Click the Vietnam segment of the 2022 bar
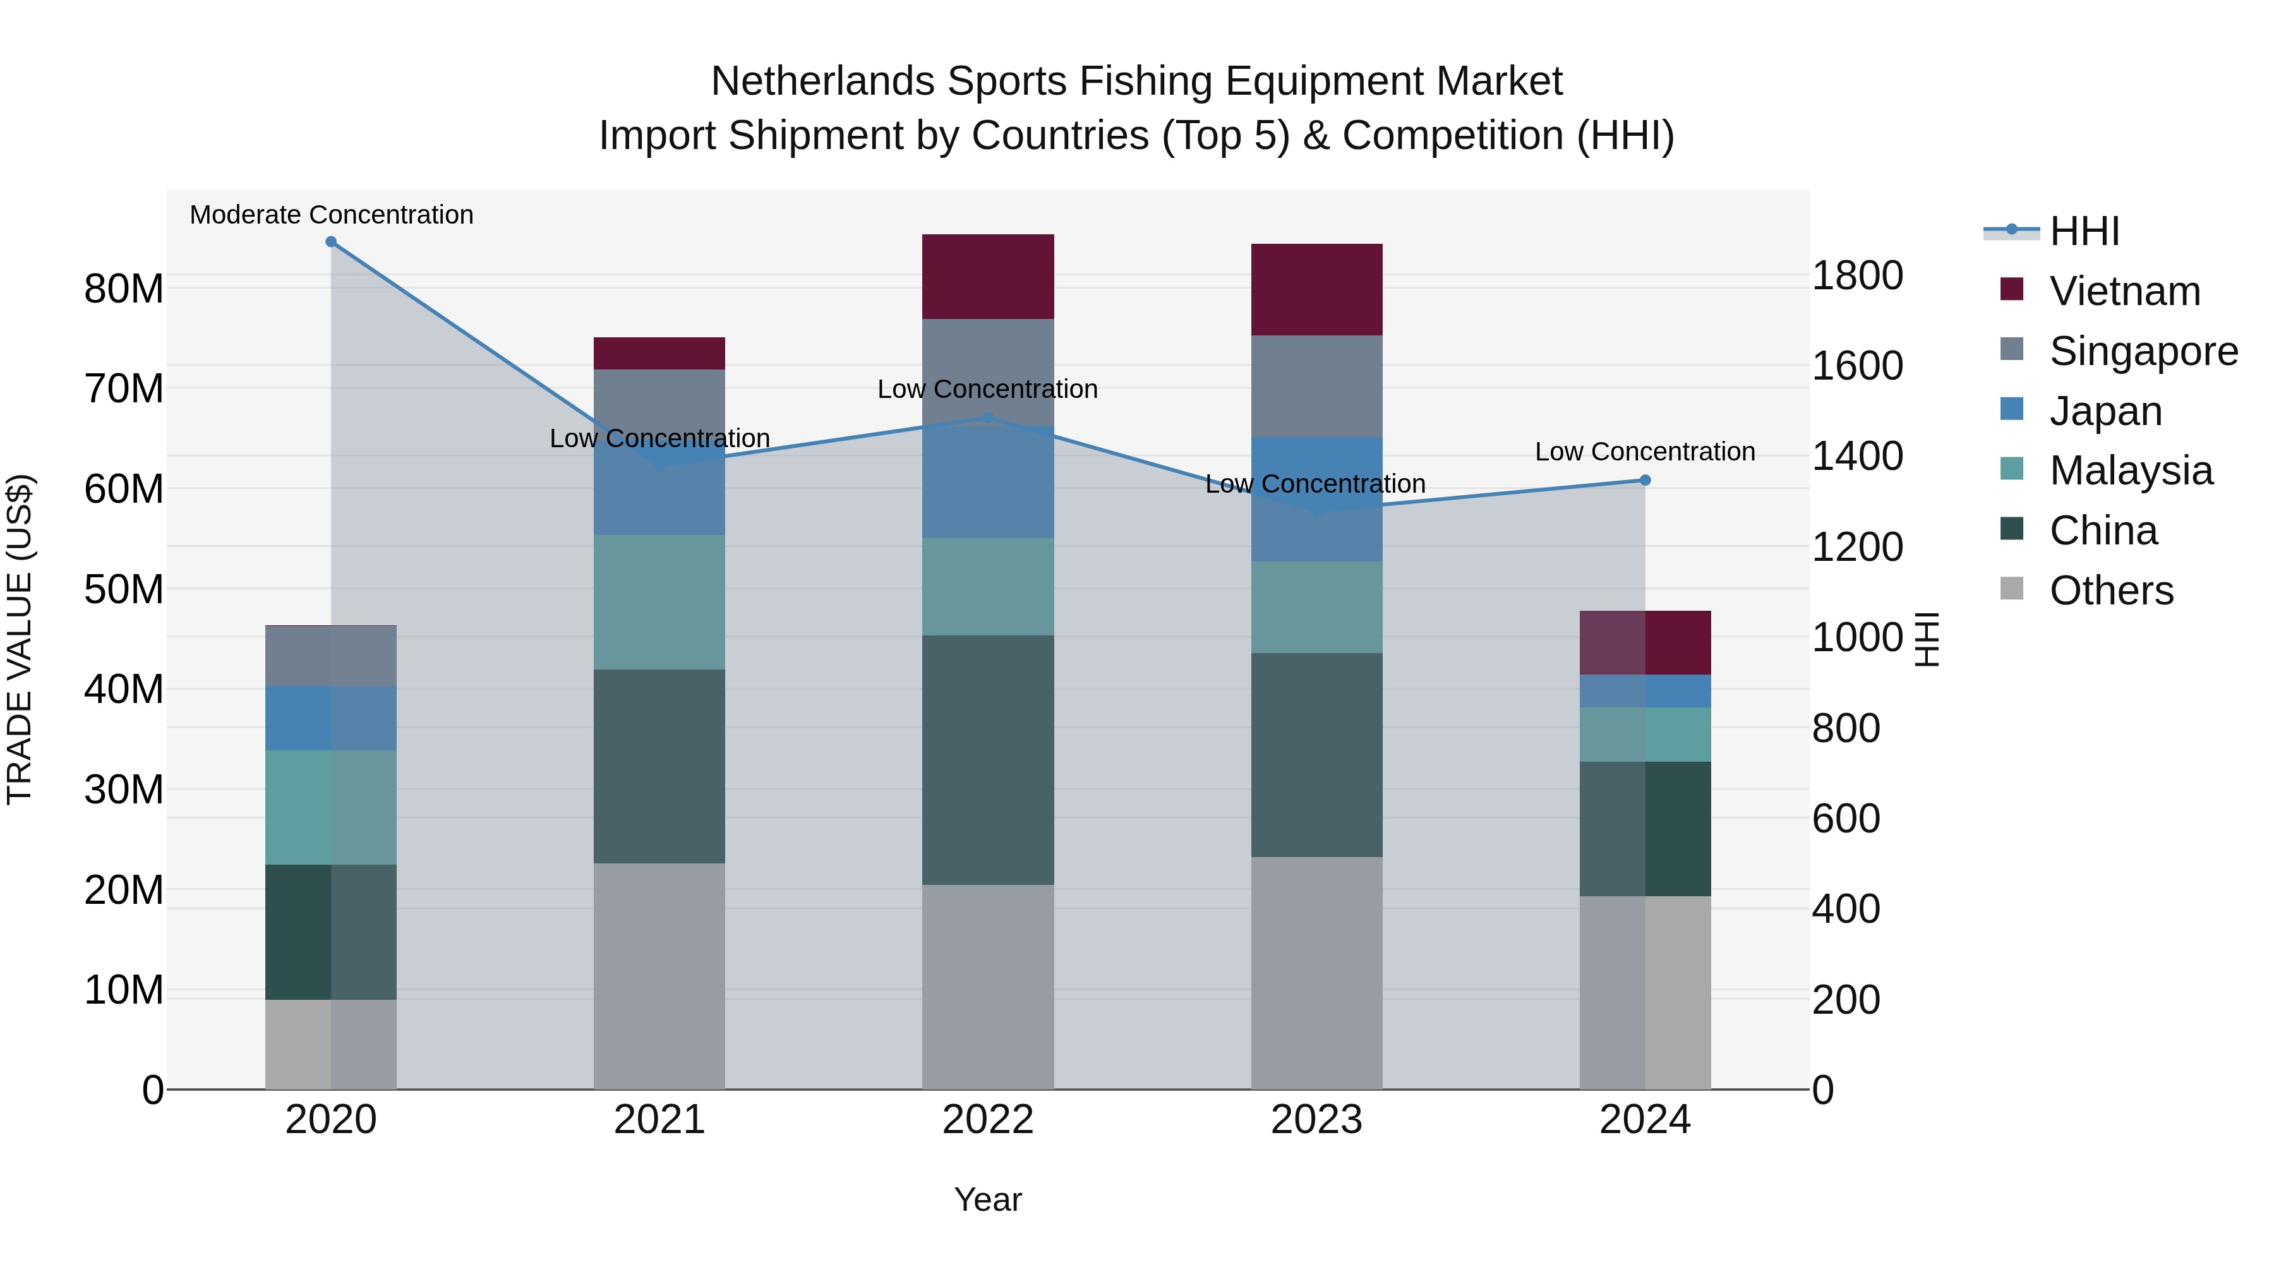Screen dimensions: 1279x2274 (x=988, y=276)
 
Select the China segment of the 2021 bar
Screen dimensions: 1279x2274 (x=659, y=766)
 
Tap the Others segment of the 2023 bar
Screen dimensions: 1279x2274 (x=1316, y=973)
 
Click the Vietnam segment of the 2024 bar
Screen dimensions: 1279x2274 (x=1645, y=642)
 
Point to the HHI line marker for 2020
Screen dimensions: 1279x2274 (x=331, y=242)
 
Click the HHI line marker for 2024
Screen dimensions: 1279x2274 (x=1645, y=480)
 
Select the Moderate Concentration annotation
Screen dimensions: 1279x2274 (x=331, y=215)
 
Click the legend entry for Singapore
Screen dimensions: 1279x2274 (x=2143, y=351)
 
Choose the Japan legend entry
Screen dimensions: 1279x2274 (x=2105, y=411)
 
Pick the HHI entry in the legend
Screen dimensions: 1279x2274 (x=2083, y=231)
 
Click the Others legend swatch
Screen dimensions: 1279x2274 (x=2012, y=589)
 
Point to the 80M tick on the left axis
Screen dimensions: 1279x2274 (x=124, y=289)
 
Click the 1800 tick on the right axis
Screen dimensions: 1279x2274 (x=1857, y=275)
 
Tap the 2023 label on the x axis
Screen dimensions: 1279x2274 (x=1316, y=1120)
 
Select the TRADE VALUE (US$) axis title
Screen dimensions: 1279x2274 (x=20, y=639)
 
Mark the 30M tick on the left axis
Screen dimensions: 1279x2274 (x=124, y=789)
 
